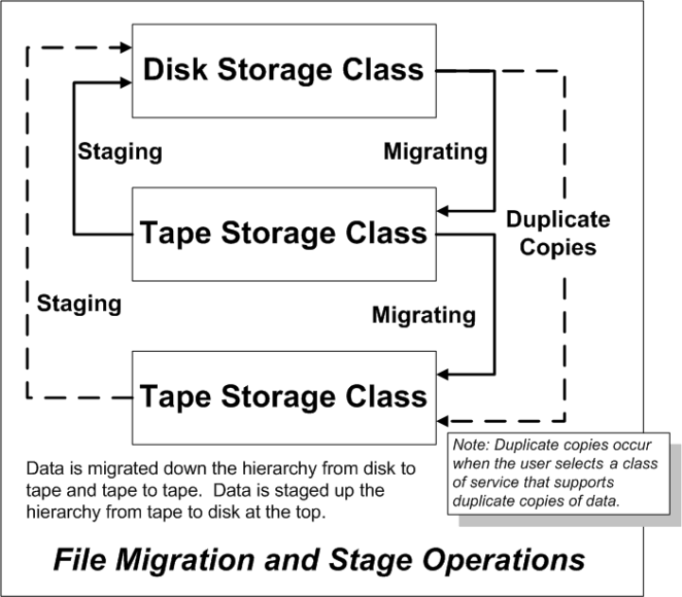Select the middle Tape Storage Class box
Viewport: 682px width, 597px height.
(x=284, y=234)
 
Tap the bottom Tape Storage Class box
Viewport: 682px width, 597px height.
(x=284, y=395)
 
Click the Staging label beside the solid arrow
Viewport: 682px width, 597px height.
(x=118, y=151)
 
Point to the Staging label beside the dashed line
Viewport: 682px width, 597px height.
(x=79, y=304)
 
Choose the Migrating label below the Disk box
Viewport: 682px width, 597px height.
(x=435, y=151)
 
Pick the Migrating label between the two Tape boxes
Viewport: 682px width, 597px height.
(x=423, y=315)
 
